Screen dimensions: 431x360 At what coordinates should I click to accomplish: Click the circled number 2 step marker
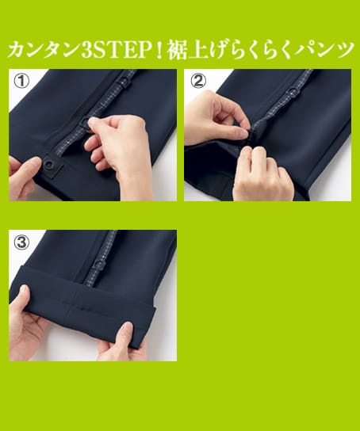(197, 79)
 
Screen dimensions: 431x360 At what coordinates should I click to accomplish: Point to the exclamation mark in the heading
(147, 50)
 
